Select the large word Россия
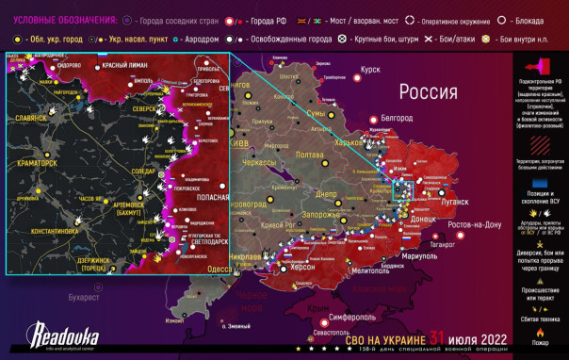point(428,91)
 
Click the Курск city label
point(370,69)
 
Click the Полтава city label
point(310,155)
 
